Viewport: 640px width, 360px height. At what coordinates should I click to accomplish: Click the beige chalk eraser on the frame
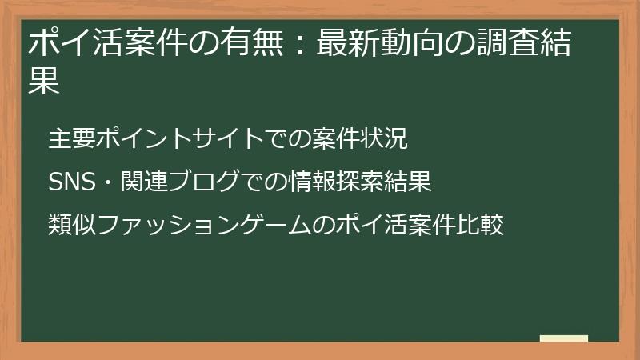click(x=563, y=338)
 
